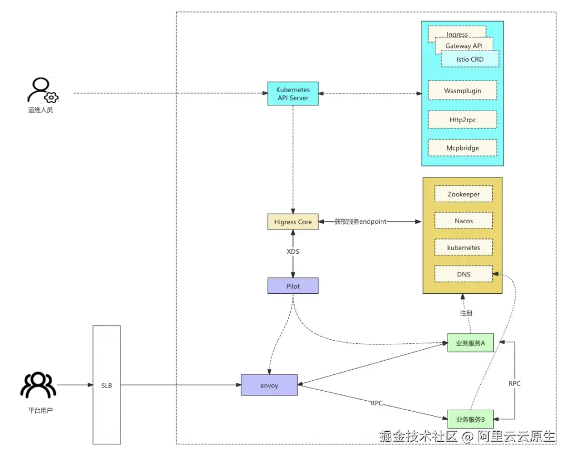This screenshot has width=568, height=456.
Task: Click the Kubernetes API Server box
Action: [293, 94]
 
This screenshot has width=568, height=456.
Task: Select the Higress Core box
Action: [293, 222]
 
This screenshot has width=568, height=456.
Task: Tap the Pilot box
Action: [293, 286]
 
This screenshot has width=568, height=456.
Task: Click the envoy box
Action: [269, 385]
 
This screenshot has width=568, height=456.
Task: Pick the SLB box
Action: [107, 385]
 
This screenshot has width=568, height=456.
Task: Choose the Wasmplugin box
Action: [462, 91]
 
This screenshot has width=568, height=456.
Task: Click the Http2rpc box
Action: [462, 120]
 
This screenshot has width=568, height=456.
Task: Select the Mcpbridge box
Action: [462, 148]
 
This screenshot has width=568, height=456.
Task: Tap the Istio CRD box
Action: [470, 60]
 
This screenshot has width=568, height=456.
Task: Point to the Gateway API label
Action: [463, 46]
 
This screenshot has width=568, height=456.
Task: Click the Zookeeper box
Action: [463, 194]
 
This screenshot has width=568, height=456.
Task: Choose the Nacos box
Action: [463, 221]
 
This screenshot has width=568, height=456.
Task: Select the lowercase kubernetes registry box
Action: [463, 247]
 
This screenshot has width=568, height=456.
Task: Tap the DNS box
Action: [463, 274]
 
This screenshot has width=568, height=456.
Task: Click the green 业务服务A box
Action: [470, 343]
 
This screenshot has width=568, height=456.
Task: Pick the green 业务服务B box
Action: [470, 420]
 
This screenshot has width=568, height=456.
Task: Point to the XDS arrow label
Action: [293, 252]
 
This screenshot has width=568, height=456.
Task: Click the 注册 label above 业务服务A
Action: [466, 313]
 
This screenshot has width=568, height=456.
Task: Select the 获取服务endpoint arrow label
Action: [360, 222]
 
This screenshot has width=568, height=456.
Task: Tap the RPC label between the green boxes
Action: [514, 383]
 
